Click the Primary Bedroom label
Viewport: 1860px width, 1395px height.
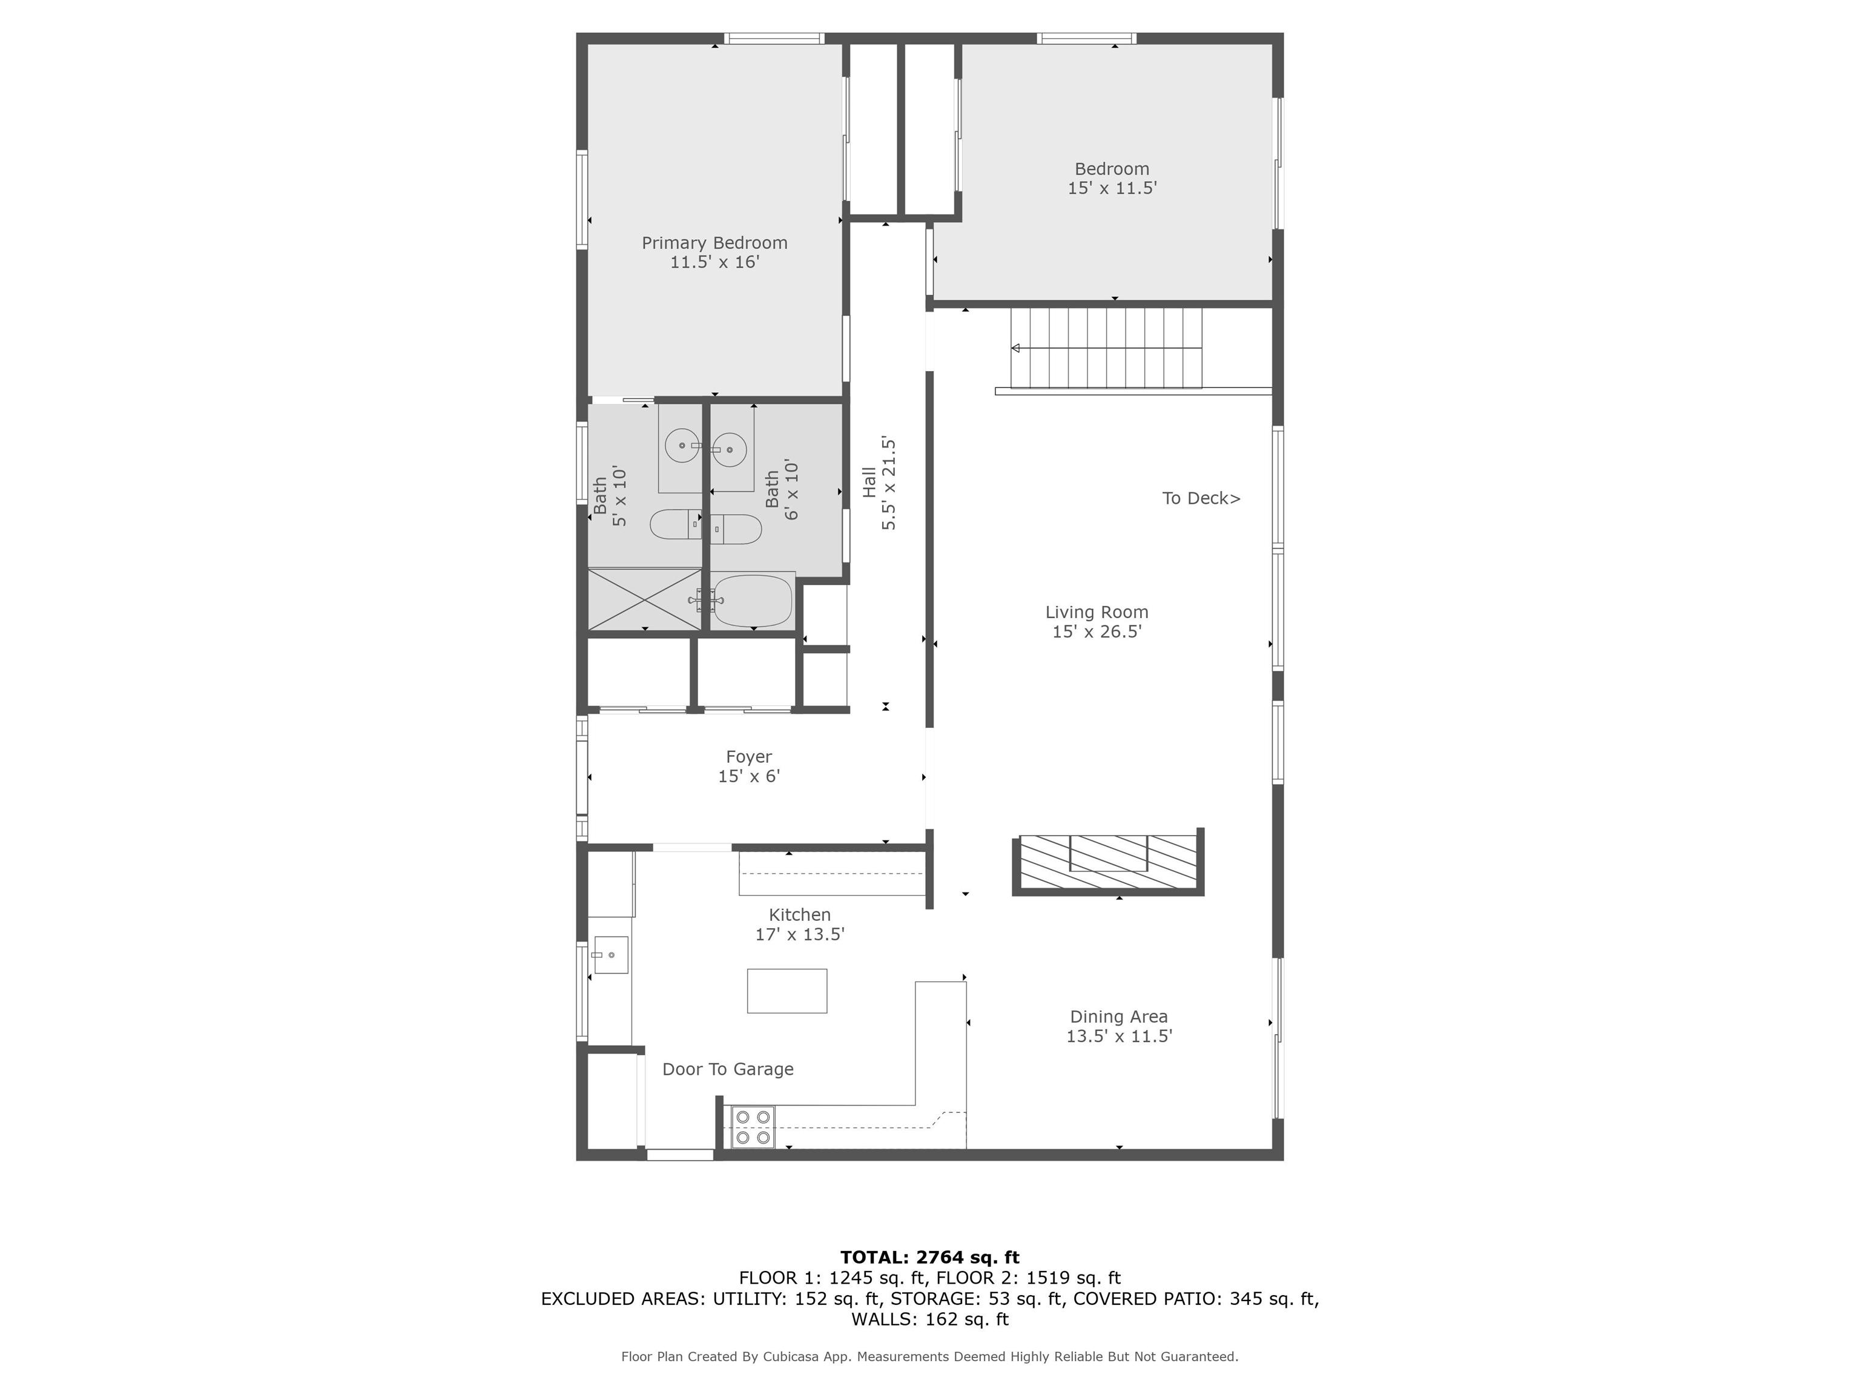coord(714,243)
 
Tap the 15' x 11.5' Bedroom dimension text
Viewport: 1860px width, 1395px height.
coord(1112,188)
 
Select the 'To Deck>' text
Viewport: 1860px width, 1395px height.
coord(1200,499)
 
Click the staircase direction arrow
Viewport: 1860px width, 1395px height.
coord(1016,348)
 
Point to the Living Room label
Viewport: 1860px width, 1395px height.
coord(1097,612)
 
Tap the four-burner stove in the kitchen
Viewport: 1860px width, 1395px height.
coord(752,1127)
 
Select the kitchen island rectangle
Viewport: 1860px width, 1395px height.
coord(787,991)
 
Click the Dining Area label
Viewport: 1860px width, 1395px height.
coord(1118,1017)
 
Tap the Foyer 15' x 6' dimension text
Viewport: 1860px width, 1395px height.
coord(748,776)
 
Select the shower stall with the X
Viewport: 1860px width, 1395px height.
coord(644,599)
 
